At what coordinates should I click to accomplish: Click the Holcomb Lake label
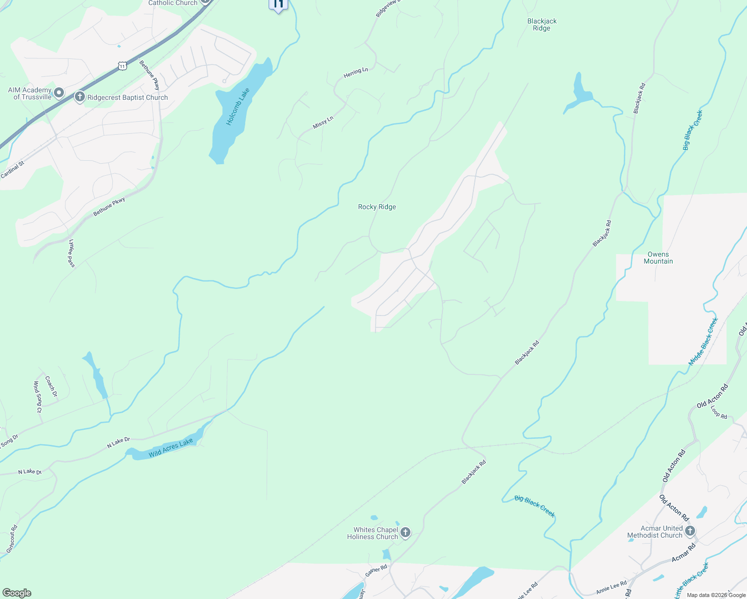point(238,107)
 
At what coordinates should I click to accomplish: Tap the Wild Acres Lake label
point(171,448)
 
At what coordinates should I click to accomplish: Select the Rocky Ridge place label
point(377,207)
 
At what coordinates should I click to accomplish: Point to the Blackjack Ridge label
point(542,24)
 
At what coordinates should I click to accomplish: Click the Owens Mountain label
point(658,258)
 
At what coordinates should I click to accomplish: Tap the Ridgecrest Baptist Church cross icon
point(79,97)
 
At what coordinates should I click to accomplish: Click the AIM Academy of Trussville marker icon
point(59,93)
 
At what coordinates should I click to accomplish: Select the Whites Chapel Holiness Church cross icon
point(405,533)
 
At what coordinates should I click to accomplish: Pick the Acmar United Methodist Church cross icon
point(690,531)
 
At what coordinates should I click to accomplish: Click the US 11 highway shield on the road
point(122,65)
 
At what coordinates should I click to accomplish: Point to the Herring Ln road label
point(356,73)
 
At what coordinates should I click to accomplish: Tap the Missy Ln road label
point(323,123)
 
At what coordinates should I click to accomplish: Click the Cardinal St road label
point(12,170)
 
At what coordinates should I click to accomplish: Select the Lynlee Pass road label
point(71,253)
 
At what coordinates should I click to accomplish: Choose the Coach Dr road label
point(51,387)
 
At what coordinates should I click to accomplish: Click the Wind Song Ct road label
point(37,397)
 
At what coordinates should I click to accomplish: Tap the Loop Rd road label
point(719,412)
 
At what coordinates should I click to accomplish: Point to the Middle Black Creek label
point(703,341)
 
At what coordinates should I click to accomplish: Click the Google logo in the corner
point(16,593)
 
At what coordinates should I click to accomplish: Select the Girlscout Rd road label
point(12,539)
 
